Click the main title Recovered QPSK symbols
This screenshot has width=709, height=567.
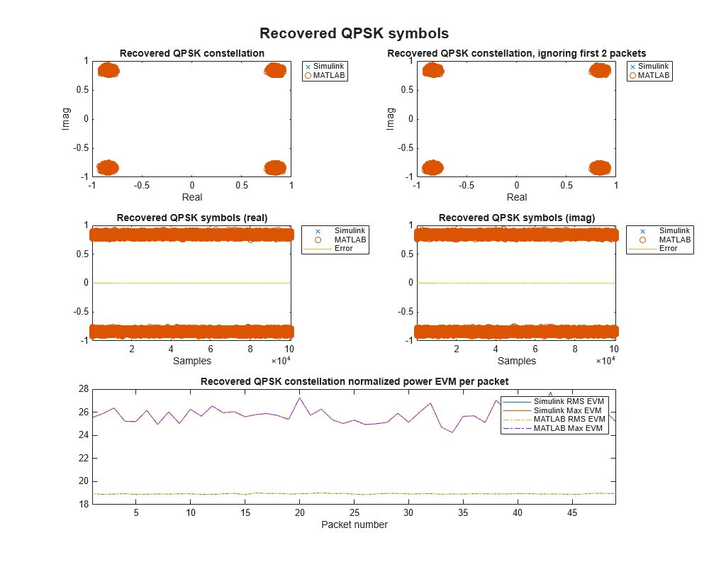click(354, 33)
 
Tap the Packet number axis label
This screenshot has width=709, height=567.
click(354, 524)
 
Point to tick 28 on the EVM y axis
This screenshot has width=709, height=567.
click(83, 388)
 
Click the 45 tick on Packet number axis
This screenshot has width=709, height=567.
click(572, 512)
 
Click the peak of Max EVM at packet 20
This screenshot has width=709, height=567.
click(299, 398)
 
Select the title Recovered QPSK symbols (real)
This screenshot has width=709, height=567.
click(191, 218)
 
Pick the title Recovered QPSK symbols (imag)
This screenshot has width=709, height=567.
click(516, 218)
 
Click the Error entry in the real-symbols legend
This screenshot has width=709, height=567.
click(343, 249)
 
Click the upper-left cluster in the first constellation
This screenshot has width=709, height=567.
click(108, 69)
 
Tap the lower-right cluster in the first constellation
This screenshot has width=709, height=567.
click(275, 168)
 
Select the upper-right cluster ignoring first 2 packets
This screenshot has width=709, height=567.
click(600, 69)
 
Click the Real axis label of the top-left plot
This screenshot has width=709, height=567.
click(191, 197)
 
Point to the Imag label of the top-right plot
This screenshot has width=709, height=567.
click(391, 118)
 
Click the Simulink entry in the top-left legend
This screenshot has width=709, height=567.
click(327, 66)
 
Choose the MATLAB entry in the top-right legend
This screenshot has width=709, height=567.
click(653, 75)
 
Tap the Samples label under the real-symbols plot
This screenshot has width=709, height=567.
click(191, 361)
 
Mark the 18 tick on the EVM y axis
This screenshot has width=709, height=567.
click(83, 504)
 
